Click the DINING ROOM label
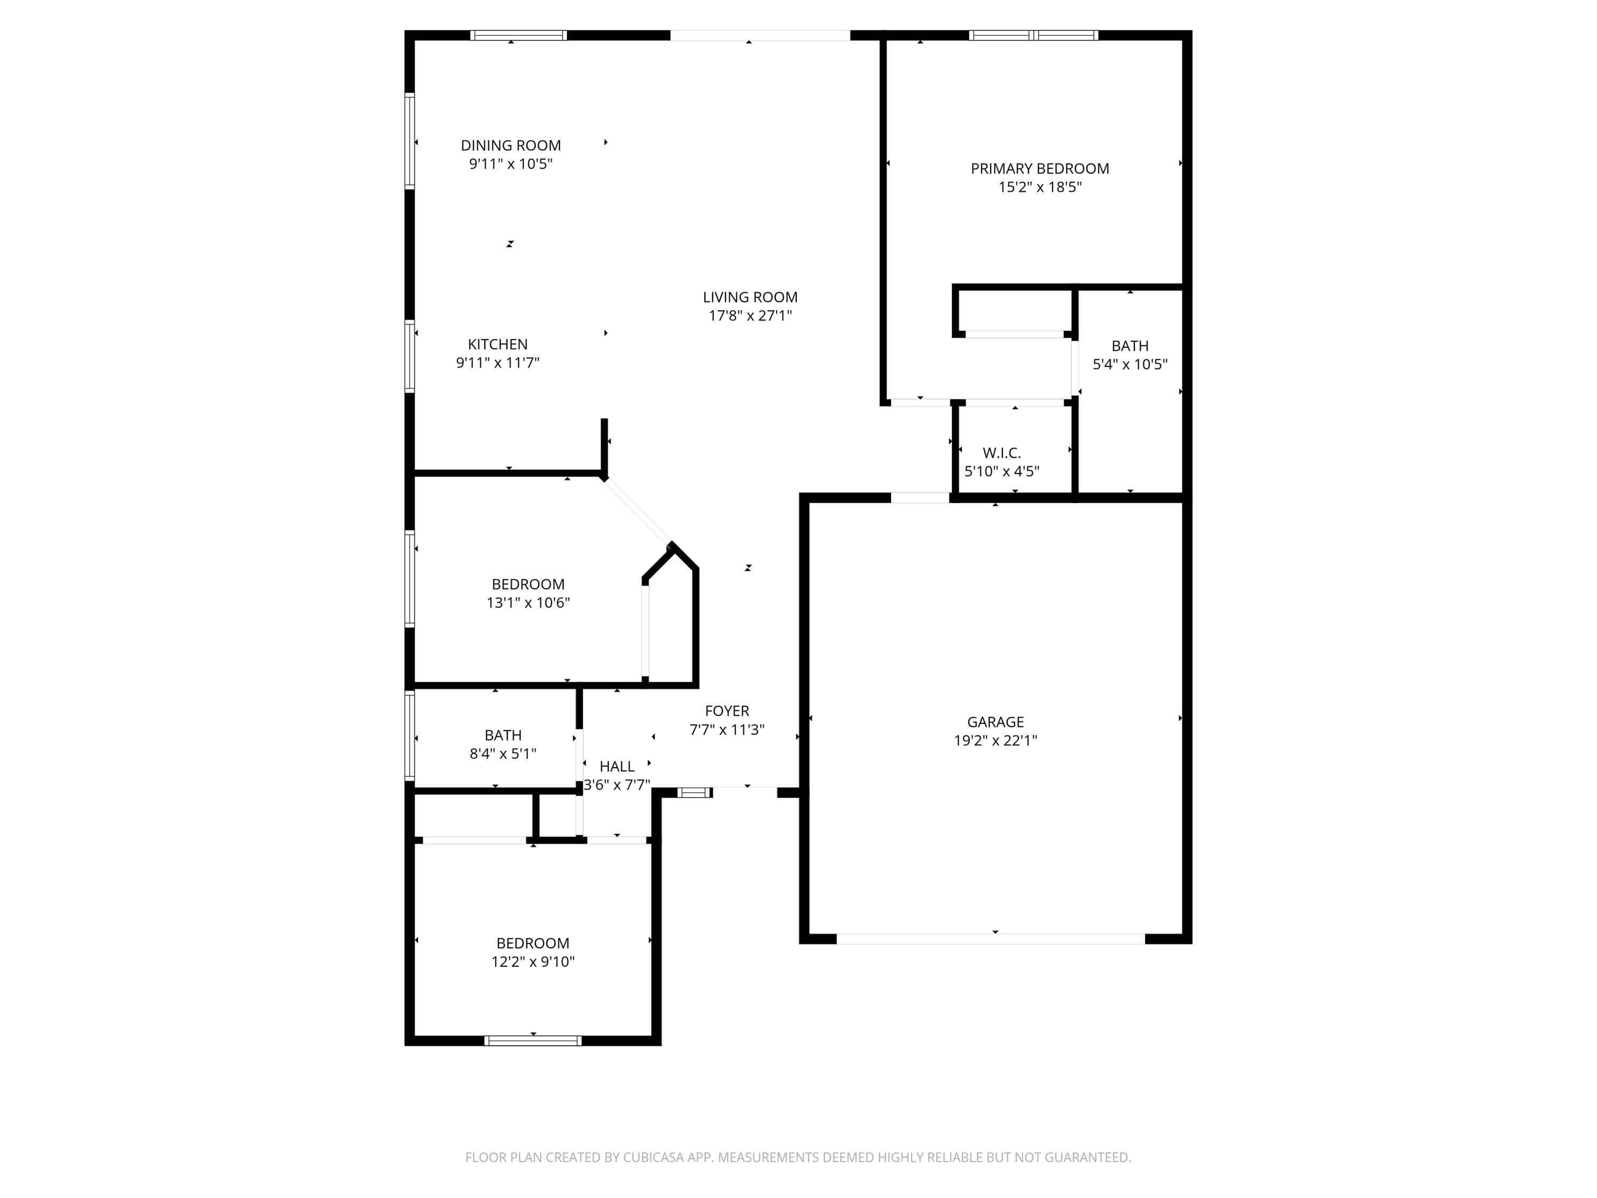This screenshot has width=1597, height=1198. [511, 145]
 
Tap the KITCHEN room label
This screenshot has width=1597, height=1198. [497, 344]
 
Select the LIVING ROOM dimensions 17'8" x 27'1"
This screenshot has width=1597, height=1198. [750, 316]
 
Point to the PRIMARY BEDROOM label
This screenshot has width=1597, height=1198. [1040, 168]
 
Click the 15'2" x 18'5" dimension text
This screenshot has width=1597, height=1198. [1040, 187]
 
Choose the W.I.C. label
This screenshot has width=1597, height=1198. [1001, 453]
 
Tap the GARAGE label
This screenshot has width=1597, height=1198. [995, 721]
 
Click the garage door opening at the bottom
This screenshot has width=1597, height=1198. [991, 939]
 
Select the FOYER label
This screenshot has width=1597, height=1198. [727, 711]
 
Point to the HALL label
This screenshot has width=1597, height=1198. [616, 766]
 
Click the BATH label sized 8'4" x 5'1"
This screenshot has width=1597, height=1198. [503, 735]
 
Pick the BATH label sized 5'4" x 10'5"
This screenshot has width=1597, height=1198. [1130, 346]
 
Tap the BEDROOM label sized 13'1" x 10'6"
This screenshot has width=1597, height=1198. [528, 584]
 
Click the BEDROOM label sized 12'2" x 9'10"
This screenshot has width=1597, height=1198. [533, 943]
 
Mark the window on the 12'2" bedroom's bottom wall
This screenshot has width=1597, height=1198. [533, 1040]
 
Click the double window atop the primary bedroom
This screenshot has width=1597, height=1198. [1033, 35]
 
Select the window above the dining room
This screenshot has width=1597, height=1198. [518, 35]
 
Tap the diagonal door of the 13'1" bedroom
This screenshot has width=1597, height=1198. [638, 511]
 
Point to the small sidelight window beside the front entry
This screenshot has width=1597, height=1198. [694, 793]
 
